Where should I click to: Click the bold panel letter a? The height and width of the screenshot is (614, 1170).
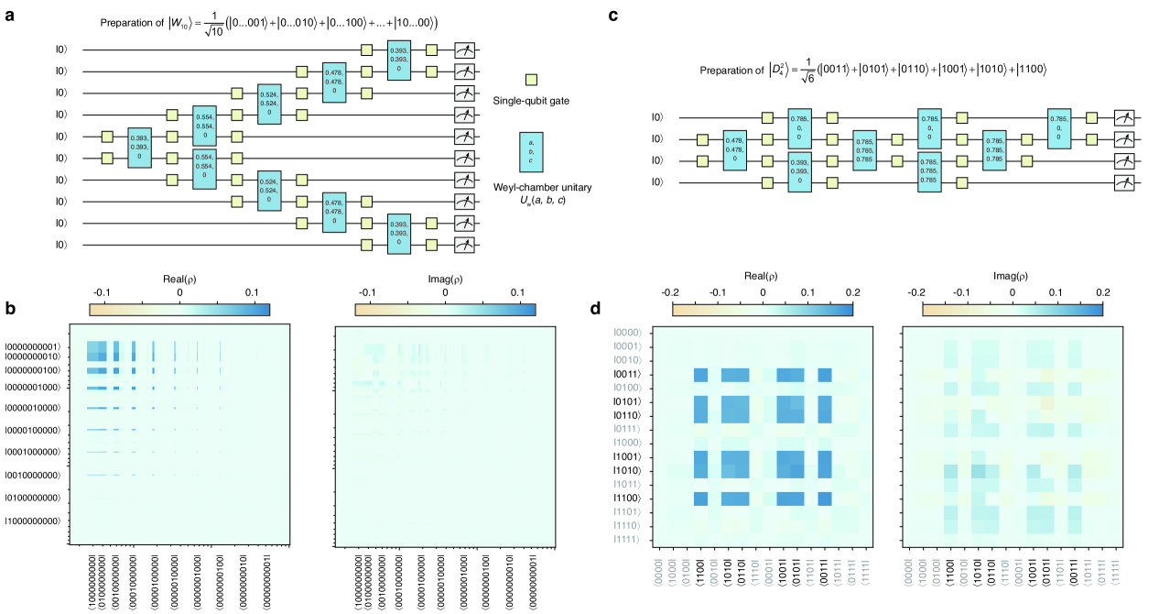[x=8, y=15]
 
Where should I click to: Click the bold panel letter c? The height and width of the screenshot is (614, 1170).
[x=638, y=15]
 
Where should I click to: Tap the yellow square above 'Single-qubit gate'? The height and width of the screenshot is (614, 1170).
[x=531, y=81]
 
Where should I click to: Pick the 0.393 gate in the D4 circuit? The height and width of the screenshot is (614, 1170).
[x=800, y=172]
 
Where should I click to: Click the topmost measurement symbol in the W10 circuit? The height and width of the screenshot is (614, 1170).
[x=467, y=49]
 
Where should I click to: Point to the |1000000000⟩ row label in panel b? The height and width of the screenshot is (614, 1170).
[x=36, y=521]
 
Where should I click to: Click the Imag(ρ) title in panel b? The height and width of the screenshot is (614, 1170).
[x=445, y=275]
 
